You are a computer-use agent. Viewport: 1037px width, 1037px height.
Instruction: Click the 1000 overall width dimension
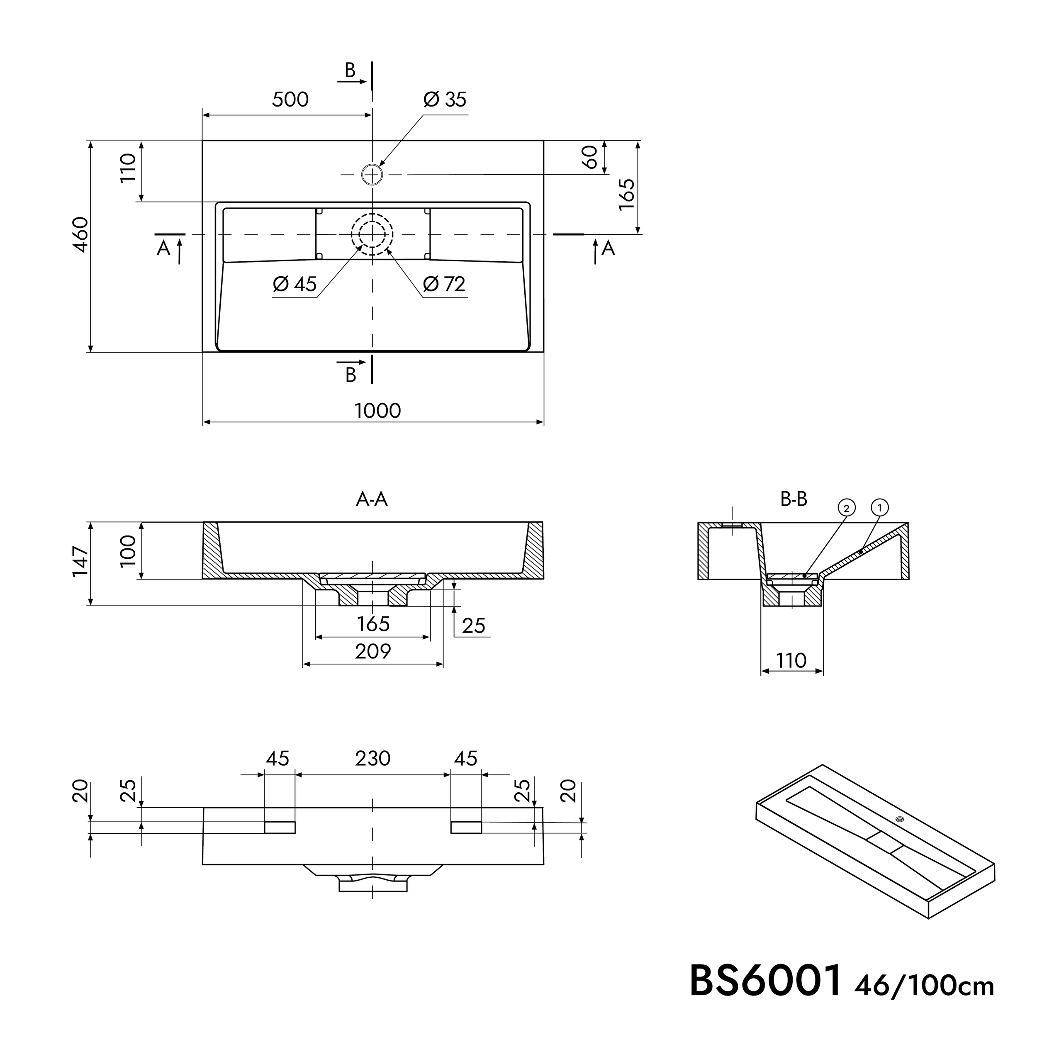pyautogui.click(x=378, y=411)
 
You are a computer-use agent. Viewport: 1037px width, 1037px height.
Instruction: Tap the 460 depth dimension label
pyautogui.click(x=80, y=234)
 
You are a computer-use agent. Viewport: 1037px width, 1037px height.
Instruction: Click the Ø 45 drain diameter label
pyautogui.click(x=295, y=284)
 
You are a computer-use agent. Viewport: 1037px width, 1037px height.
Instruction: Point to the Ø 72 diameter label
pyautogui.click(x=444, y=284)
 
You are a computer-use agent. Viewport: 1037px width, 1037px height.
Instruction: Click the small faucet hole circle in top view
pyautogui.click(x=372, y=175)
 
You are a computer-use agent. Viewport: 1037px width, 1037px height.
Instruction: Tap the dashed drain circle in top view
pyautogui.click(x=372, y=234)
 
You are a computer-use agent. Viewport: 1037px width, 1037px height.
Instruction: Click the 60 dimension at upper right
pyautogui.click(x=590, y=157)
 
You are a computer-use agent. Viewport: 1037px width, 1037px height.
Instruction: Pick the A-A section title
pyautogui.click(x=372, y=500)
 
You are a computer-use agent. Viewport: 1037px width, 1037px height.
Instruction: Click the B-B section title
pyautogui.click(x=794, y=500)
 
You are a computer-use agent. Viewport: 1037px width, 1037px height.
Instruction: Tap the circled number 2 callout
pyautogui.click(x=847, y=508)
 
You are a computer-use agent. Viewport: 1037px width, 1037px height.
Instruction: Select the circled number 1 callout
pyautogui.click(x=880, y=507)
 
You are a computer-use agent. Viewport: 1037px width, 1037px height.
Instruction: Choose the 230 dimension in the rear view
pyautogui.click(x=372, y=758)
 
